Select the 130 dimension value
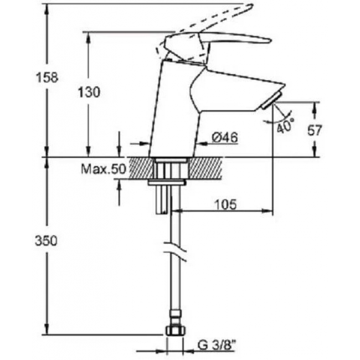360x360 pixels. coord(89,92)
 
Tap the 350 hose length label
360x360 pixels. coord(46,241)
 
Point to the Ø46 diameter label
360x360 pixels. coord(225,137)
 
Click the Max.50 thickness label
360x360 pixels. coord(104,169)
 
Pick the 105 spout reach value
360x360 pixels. coord(225,204)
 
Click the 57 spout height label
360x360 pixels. coord(315,130)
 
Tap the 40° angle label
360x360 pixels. coord(285,126)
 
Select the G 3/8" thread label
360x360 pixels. coord(217,345)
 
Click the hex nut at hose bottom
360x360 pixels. coord(175,331)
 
